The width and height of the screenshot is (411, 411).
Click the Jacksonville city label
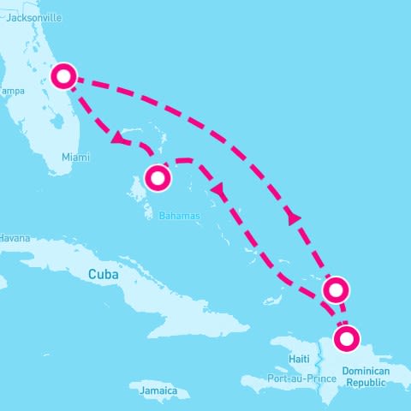coord(34,17)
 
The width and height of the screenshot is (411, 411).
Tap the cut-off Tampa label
coord(11,91)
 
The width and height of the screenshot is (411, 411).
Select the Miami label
coord(75,157)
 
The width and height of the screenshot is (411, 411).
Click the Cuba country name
coord(104,275)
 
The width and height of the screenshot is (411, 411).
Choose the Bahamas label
coord(179,216)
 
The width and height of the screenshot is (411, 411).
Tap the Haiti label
coord(300,359)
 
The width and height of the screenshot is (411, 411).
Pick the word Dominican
coord(365,372)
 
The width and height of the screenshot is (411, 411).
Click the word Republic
coord(365,384)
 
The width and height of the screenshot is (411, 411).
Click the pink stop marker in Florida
coord(63,76)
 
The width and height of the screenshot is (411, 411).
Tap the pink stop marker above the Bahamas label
coord(158,178)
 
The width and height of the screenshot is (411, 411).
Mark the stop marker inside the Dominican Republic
coord(347,339)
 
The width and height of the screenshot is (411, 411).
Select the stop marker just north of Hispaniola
coord(337,289)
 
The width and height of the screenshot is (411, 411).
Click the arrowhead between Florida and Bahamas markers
coord(116,138)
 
